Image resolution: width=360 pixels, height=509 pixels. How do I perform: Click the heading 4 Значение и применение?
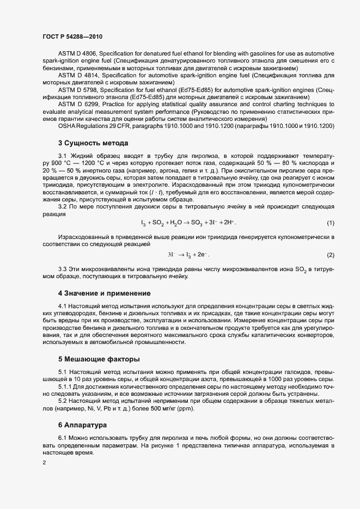pyautogui.click(x=104, y=293)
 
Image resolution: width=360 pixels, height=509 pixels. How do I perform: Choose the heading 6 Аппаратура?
pyautogui.click(x=83, y=424)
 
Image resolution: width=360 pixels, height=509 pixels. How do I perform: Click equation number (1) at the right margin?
pyautogui.click(x=330, y=223)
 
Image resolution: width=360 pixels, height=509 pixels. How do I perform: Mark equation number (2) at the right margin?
pyautogui.click(x=330, y=255)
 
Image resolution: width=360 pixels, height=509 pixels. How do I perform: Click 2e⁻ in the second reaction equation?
pyautogui.click(x=202, y=255)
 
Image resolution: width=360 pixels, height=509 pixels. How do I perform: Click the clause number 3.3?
pyautogui.click(x=63, y=269)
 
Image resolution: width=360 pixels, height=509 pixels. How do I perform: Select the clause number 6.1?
pyautogui.click(x=63, y=438)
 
